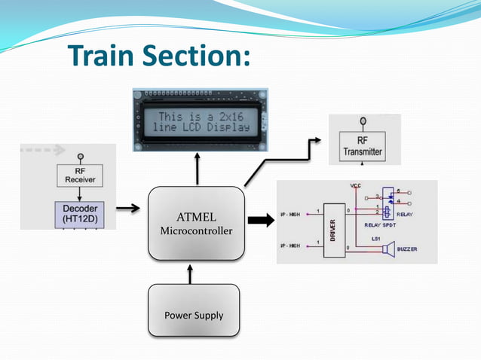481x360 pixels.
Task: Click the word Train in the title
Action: pyautogui.click(x=103, y=56)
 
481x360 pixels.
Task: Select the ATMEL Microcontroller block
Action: pyautogui.click(x=196, y=224)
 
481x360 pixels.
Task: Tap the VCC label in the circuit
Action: pyautogui.click(x=356, y=185)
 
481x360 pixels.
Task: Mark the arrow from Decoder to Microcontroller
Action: pyautogui.click(x=129, y=208)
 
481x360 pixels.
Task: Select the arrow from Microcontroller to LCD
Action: pyautogui.click(x=198, y=169)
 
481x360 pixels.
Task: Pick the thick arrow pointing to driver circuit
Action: pyautogui.click(x=261, y=221)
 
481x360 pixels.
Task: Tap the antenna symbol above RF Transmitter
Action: pyautogui.click(x=362, y=121)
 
